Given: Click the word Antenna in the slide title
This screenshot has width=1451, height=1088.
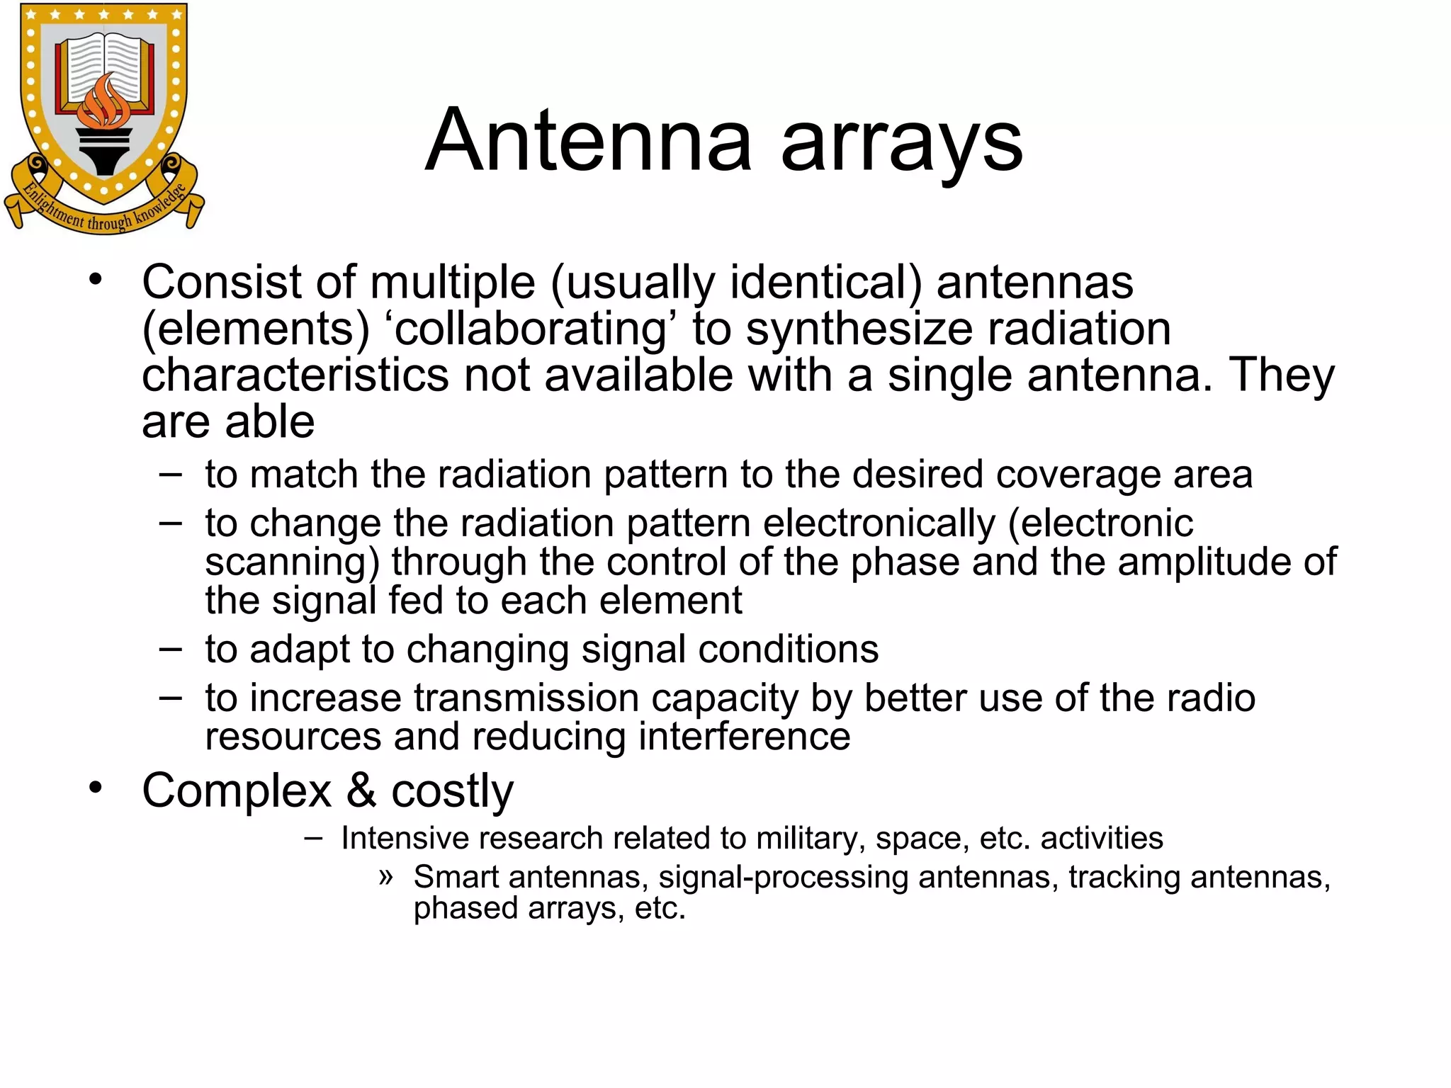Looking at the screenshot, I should [x=588, y=140].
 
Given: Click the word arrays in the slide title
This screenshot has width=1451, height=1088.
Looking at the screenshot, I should [x=901, y=145].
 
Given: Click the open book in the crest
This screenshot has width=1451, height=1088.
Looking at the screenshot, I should [x=105, y=67].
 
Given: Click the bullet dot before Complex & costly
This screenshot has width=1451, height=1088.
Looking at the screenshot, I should [x=96, y=787].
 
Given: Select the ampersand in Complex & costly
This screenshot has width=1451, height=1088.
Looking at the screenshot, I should [x=361, y=790].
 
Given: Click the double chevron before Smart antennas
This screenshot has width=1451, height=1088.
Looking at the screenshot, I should [x=385, y=877].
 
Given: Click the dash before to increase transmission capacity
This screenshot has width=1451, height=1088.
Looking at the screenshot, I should [x=171, y=697].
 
